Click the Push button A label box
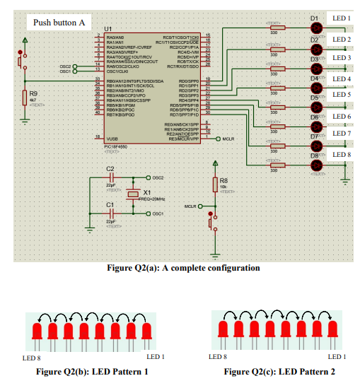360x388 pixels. coord(59,23)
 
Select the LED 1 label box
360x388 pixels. coord(342,18)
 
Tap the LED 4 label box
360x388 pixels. coord(342,79)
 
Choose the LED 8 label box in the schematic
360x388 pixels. coord(342,154)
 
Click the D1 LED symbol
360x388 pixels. coord(316,28)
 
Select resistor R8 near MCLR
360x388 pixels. coord(214,184)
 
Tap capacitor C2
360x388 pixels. coord(110,177)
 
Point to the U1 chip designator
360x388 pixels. coord(108,30)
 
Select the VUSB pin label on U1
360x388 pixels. coord(112,139)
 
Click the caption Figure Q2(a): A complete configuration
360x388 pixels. coord(179,268)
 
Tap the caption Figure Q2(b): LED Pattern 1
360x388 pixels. coord(92,372)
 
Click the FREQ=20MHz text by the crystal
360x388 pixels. coord(153,200)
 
